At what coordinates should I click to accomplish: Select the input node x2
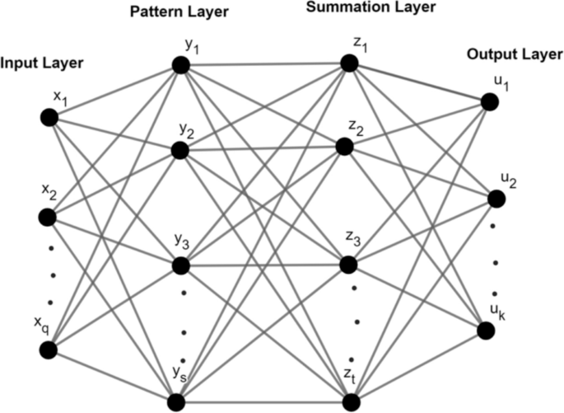tap(47, 218)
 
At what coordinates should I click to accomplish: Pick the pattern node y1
tap(181, 65)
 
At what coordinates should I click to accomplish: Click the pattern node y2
tap(181, 150)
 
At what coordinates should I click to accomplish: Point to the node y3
tap(181, 266)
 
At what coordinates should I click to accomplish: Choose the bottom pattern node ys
tap(176, 401)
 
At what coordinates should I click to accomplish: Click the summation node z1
tap(351, 63)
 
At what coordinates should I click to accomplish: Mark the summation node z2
tap(344, 146)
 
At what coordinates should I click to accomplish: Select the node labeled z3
tap(348, 266)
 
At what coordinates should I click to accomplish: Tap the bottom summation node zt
tap(352, 401)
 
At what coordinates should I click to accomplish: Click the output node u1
tap(489, 101)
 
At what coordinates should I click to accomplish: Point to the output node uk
tap(488, 330)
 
